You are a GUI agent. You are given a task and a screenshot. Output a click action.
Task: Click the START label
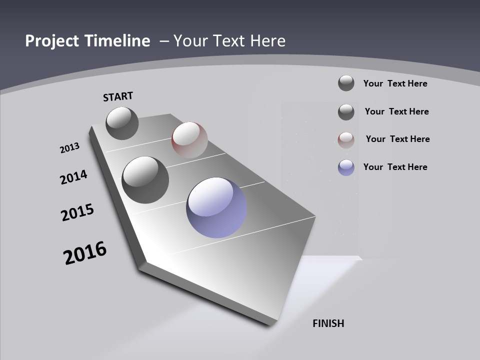[118, 96]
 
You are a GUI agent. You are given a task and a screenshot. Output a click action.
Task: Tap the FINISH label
[328, 323]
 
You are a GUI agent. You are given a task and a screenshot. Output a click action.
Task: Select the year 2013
[69, 148]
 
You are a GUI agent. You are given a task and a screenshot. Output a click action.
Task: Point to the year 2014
[73, 177]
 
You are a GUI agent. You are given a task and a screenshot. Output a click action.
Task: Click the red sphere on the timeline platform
[189, 140]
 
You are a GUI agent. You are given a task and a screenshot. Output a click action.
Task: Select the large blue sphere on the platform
[216, 207]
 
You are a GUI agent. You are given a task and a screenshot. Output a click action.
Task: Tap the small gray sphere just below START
[122, 123]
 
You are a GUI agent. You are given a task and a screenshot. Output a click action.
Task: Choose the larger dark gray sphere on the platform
[145, 180]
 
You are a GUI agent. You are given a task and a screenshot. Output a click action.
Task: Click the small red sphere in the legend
[346, 140]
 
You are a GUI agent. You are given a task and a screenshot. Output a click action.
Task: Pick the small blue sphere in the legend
[346, 167]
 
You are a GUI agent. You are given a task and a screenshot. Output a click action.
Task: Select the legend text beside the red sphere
[397, 139]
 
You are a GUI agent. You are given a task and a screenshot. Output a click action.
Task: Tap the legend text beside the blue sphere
[395, 167]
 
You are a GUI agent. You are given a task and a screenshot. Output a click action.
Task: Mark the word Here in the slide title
[267, 41]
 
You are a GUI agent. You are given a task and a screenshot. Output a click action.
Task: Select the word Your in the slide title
[189, 41]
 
